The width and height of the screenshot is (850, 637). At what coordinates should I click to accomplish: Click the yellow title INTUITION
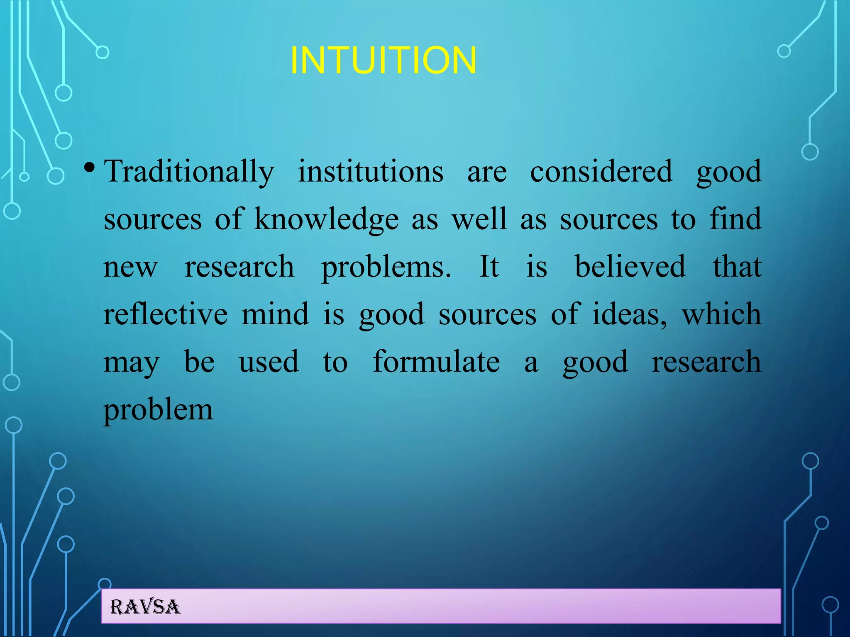383,61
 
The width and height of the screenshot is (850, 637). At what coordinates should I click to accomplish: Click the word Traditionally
189,172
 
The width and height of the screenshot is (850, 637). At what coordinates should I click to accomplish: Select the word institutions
371,172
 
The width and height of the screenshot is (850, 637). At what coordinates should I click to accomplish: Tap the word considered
601,172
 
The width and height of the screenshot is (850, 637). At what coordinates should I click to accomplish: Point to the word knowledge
326,219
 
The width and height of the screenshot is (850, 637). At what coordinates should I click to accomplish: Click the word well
479,219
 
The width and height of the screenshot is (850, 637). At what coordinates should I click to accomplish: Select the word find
735,219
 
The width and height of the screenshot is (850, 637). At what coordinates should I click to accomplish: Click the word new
130,267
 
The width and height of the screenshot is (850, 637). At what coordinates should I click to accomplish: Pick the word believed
630,266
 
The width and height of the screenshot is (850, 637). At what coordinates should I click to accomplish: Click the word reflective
165,314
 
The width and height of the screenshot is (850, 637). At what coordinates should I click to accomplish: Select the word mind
275,314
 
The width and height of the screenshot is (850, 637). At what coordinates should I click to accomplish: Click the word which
721,314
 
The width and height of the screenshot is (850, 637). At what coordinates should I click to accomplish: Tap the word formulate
436,362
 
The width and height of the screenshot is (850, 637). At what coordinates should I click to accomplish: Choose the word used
269,362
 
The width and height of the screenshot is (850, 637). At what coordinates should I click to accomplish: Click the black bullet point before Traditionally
89,168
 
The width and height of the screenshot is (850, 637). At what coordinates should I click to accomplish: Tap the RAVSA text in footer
145,607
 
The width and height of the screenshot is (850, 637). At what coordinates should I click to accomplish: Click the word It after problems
489,266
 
